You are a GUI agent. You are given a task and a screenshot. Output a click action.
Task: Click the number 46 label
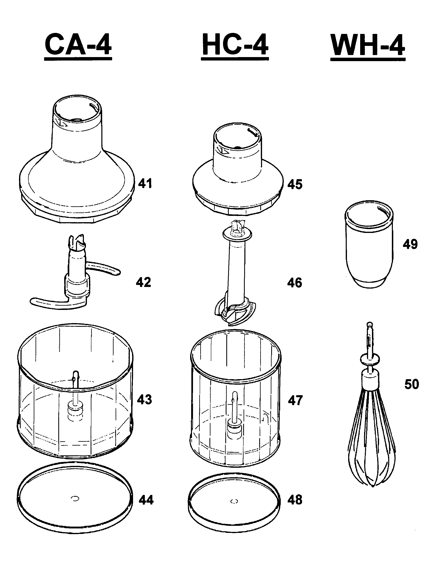(x=295, y=283)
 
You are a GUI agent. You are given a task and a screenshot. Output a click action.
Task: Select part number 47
(x=295, y=400)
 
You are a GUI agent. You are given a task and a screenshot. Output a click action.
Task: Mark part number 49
(x=410, y=244)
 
